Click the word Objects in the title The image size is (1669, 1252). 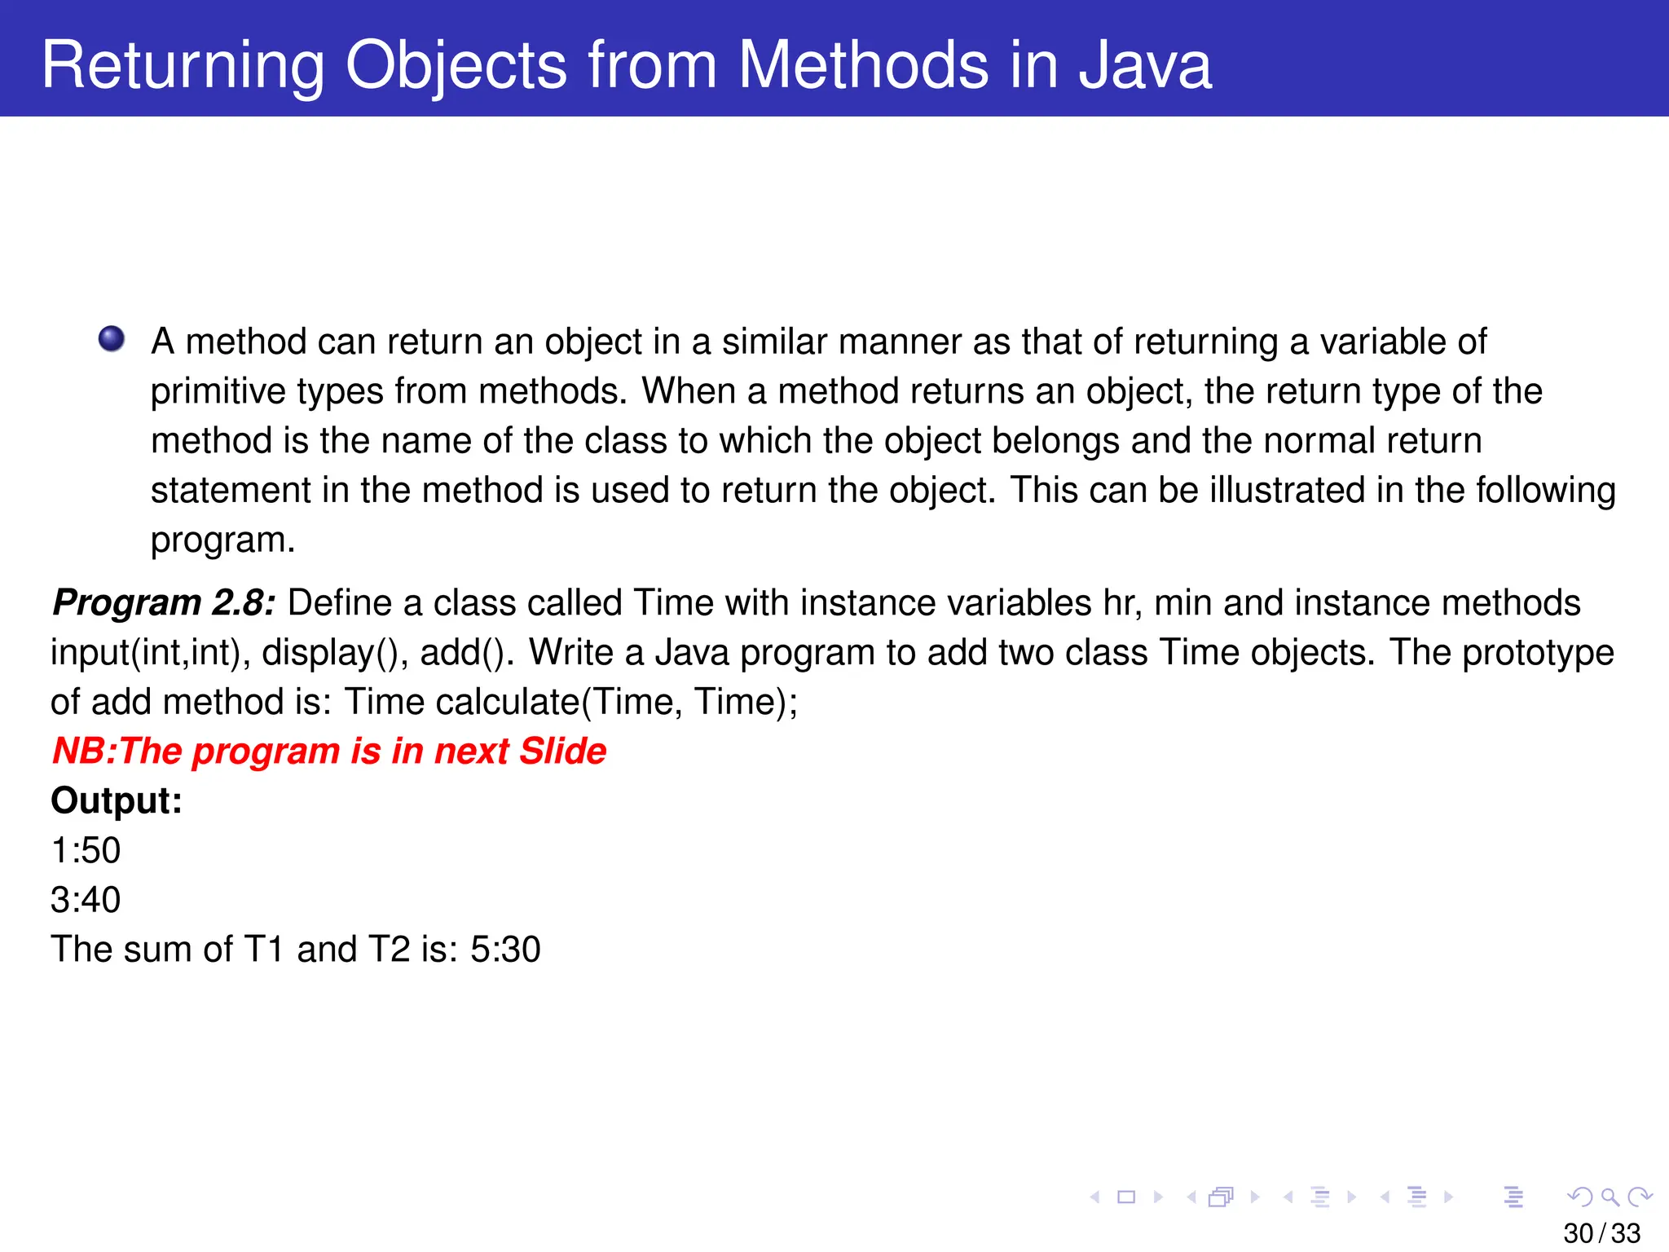(456, 65)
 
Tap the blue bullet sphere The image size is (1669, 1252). (112, 339)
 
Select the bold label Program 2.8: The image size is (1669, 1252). (164, 603)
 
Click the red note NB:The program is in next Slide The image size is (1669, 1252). (329, 751)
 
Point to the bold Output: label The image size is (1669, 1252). (117, 800)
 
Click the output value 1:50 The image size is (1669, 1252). (86, 850)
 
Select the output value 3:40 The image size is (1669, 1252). (86, 900)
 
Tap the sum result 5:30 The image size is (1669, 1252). (505, 950)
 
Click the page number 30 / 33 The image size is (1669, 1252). (1601, 1233)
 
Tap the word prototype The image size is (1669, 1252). (1537, 653)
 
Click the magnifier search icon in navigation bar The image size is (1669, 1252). (1610, 1197)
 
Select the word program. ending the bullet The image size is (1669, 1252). (222, 540)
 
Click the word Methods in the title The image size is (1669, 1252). (861, 65)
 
